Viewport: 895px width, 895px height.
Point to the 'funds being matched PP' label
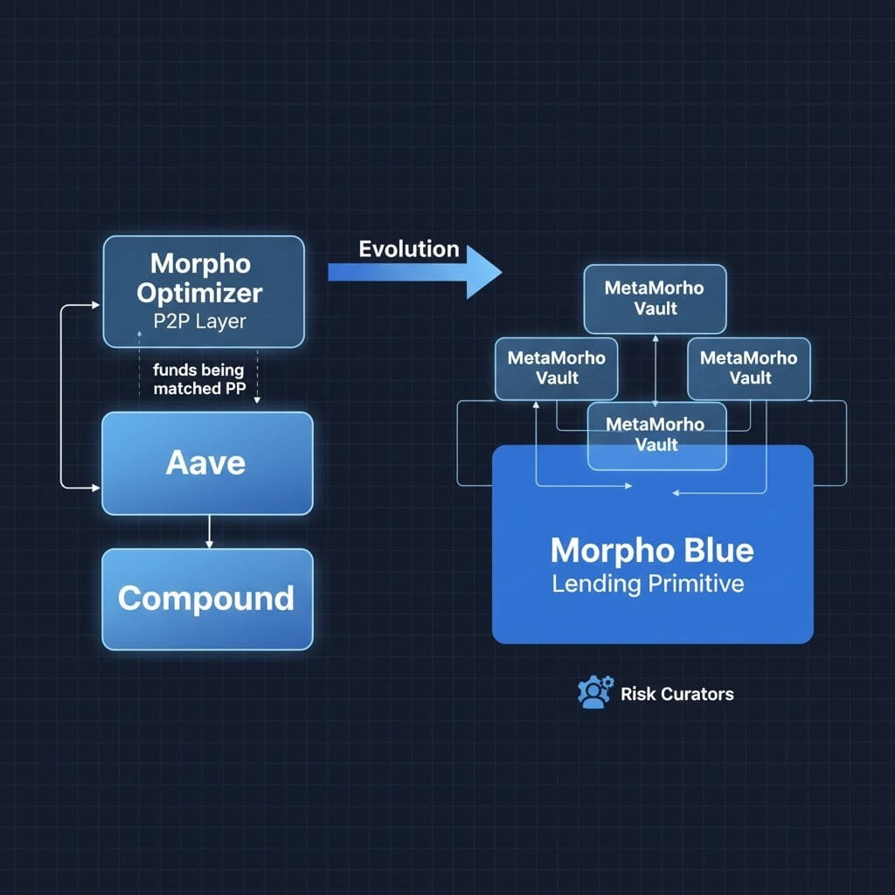pos(198,380)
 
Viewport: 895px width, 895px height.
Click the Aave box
pos(207,462)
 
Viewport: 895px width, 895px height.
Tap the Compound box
pos(207,599)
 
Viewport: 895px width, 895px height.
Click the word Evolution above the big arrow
pos(408,249)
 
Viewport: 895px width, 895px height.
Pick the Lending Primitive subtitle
pos(648,584)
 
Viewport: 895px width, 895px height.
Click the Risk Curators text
pos(677,695)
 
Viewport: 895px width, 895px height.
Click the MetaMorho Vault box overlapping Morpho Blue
pos(656,434)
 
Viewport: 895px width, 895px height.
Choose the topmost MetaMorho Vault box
pos(655,298)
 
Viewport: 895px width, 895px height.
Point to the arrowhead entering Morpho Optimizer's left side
pos(99,305)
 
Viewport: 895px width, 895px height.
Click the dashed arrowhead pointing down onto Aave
pos(257,400)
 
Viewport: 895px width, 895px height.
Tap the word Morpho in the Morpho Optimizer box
pos(200,263)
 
